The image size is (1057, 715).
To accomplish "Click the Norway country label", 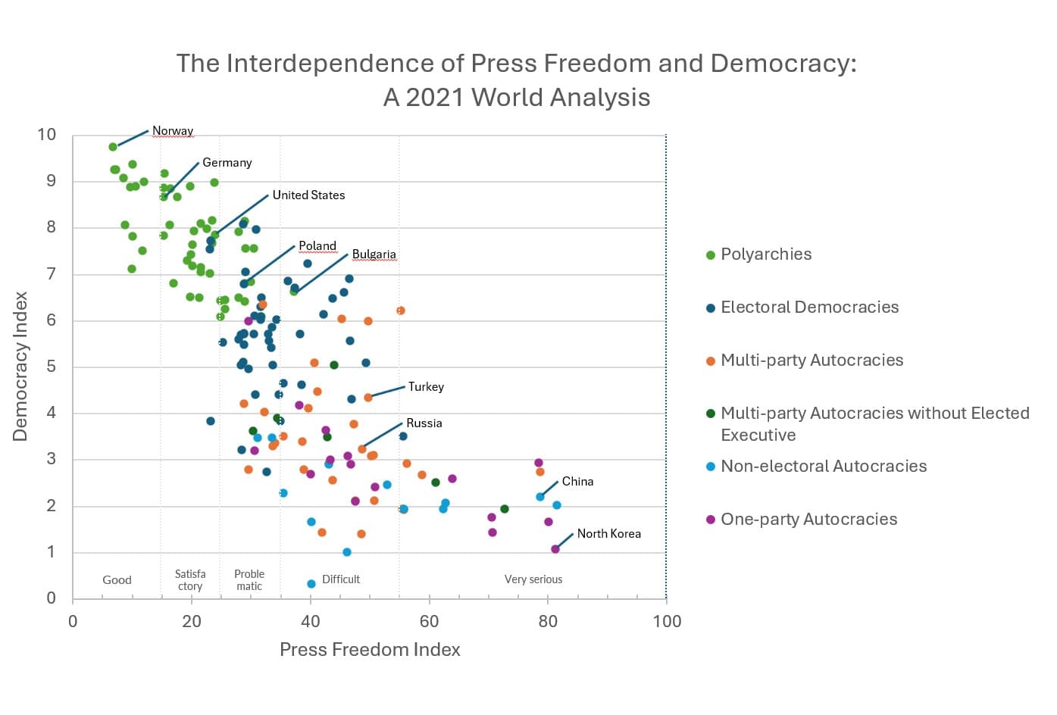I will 173,131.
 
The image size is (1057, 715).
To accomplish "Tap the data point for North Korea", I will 555,549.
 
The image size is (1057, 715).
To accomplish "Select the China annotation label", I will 577,482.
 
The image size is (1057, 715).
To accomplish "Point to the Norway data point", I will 113,147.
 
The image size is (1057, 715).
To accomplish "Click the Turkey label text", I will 426,387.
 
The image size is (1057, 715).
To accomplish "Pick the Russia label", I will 424,423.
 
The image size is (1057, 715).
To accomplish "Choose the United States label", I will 308,195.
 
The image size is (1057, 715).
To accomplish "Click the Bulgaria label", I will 374,254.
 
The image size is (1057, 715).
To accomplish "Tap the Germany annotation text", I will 227,163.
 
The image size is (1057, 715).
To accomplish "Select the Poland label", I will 317,246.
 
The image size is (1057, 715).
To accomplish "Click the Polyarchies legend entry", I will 765,254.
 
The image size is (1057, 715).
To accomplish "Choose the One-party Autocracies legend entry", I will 808,520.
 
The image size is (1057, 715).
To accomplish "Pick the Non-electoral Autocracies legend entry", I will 823,467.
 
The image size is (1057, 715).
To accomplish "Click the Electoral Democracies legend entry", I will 809,308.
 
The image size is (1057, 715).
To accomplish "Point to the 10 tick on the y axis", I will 47,135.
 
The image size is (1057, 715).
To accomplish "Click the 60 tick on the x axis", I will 429,622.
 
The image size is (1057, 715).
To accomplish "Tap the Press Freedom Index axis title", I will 370,650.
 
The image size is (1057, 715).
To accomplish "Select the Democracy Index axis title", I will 20,367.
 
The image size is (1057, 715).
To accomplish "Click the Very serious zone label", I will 533,579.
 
